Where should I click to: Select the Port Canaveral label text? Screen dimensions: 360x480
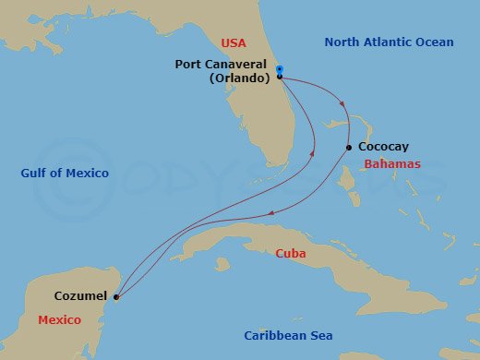pos(221,65)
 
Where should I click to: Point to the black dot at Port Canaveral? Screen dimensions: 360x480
pos(279,78)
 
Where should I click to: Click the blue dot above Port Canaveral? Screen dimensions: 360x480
pos(279,69)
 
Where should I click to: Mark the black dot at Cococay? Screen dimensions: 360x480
pos(348,148)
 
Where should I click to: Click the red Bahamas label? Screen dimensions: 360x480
pos(392,163)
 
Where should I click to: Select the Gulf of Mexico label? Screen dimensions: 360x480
pos(65,174)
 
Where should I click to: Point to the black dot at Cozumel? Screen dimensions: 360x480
pos(116,297)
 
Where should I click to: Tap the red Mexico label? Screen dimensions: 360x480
pos(60,320)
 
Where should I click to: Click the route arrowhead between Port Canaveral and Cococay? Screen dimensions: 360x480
pos(342,103)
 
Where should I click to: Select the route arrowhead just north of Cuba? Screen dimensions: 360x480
pos(270,213)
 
